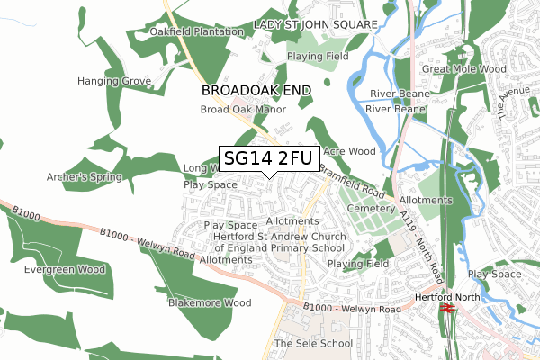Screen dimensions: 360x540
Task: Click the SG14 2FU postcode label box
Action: click(x=267, y=159)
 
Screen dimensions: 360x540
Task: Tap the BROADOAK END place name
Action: click(x=256, y=91)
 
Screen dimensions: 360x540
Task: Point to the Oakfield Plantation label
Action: click(x=197, y=32)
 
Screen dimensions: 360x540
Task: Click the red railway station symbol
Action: click(x=448, y=308)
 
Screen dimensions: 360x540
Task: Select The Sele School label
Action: click(x=313, y=344)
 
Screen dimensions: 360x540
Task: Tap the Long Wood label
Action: click(x=201, y=168)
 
